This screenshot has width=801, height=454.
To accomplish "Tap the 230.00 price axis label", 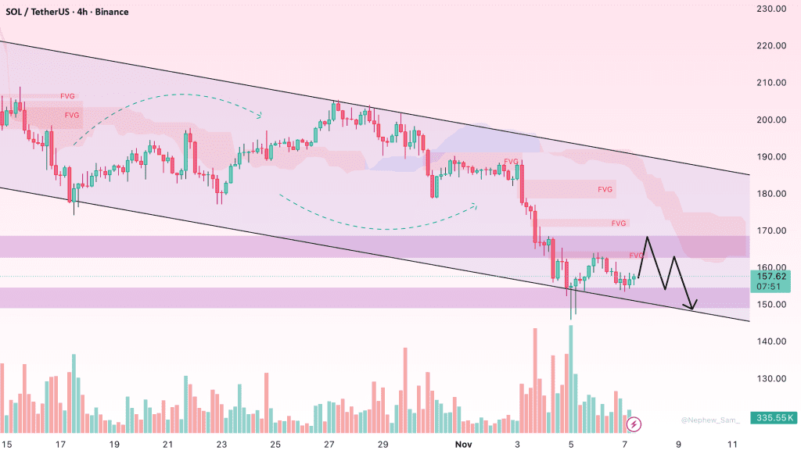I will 770,9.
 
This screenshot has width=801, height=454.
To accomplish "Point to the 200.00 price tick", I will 770,120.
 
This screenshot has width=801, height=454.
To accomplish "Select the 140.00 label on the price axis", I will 770,341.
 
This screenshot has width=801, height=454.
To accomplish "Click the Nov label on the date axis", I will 464,443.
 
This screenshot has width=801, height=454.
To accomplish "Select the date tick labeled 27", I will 329,443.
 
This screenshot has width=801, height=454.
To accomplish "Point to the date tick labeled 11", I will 732,443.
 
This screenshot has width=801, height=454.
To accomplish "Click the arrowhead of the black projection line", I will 691,306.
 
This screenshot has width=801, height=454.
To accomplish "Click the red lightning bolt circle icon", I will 634,424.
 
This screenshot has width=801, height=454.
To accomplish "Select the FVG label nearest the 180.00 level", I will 605,189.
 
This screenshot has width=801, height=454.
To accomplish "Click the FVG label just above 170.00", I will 619,223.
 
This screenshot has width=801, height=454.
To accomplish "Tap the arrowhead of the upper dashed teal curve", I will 259,116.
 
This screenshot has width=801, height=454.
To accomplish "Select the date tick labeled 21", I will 168,443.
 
